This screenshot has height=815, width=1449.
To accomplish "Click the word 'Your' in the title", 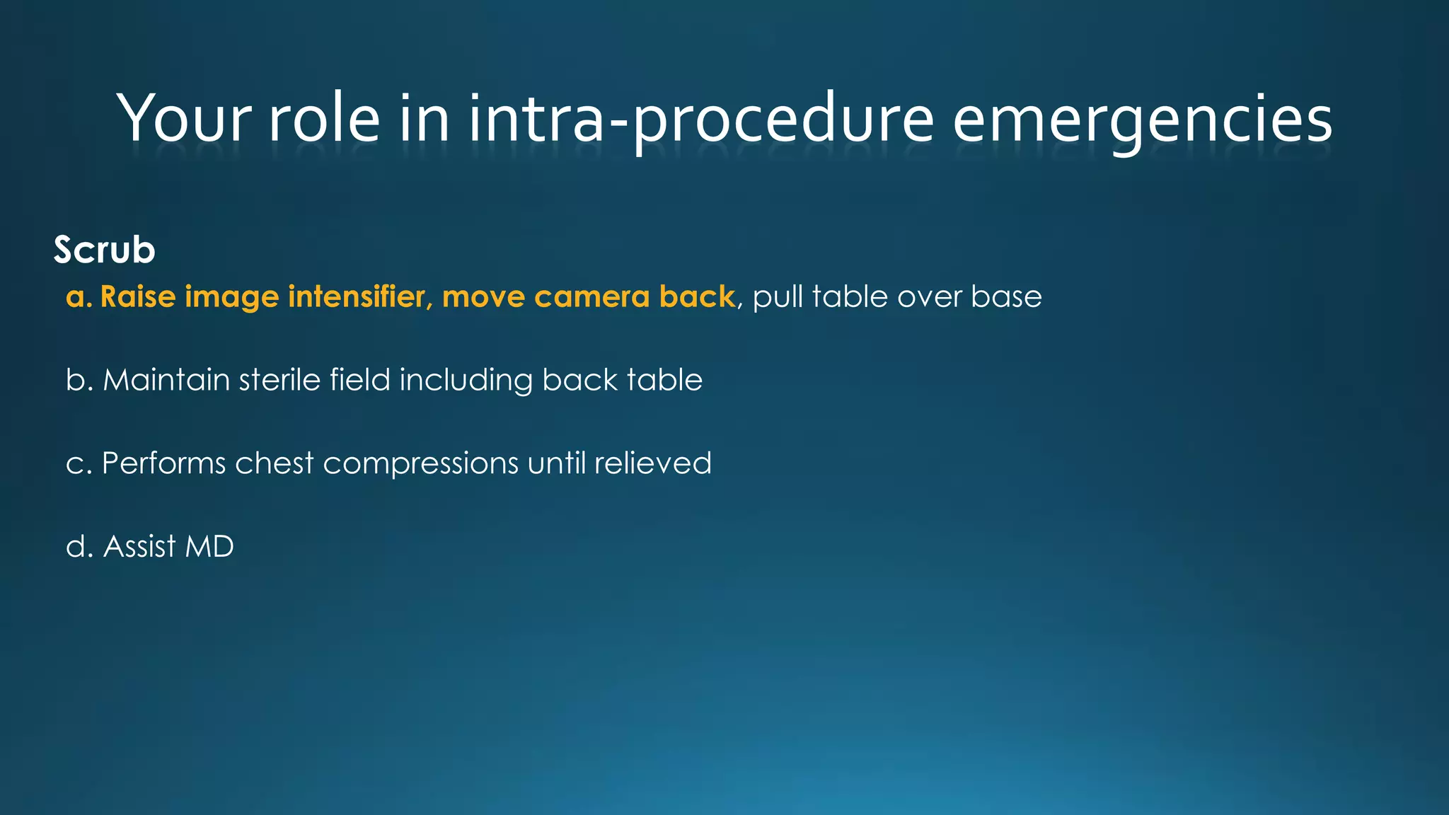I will tap(185, 118).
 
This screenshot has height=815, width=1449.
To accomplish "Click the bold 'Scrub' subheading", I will tap(104, 250).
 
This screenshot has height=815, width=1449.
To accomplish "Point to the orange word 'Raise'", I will tap(138, 296).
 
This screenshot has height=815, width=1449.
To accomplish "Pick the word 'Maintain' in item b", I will tap(166, 380).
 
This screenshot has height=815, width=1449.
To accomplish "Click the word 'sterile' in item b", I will tap(279, 380).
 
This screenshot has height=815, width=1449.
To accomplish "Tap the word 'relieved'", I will tap(652, 463).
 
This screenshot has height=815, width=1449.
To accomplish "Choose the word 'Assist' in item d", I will tap(139, 547).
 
